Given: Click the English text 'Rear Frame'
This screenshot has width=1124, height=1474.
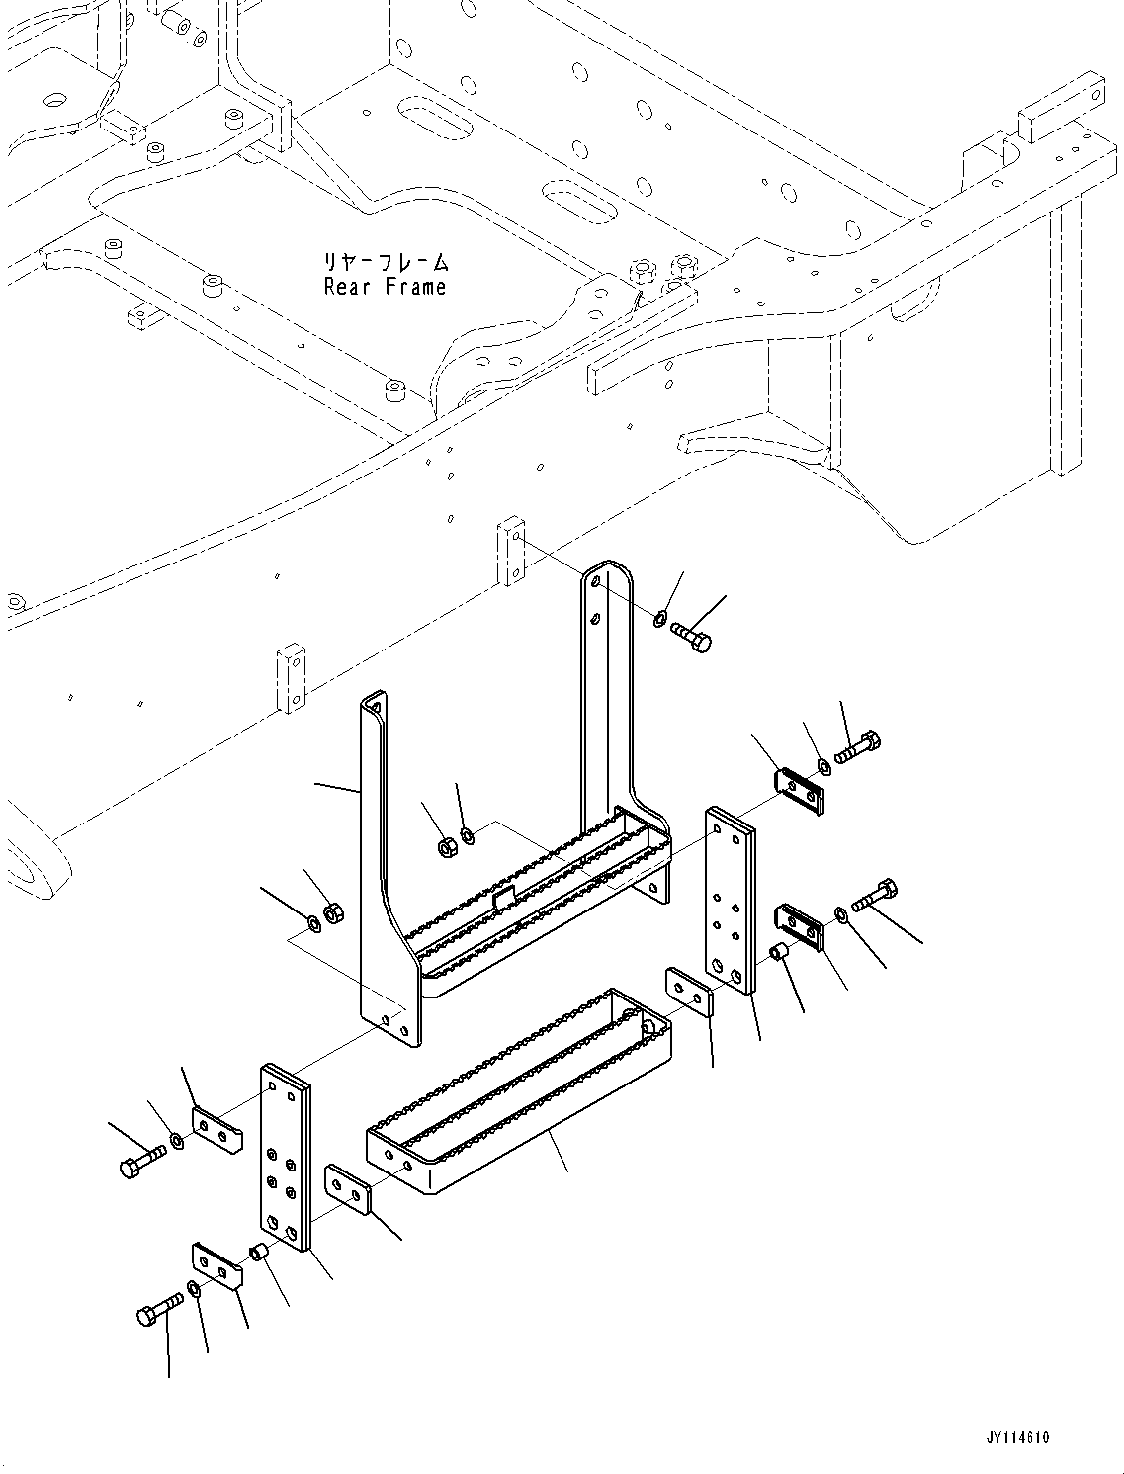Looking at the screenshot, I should pos(385,288).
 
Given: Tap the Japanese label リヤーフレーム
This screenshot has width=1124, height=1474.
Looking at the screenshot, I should pos(385,263).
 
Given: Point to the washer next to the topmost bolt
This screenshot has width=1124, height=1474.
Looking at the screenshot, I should pos(659,619).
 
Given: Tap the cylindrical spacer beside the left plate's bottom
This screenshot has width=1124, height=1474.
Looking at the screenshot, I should pos(260,1254).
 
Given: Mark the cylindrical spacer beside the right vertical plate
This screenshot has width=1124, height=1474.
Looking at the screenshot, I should pos(778,953).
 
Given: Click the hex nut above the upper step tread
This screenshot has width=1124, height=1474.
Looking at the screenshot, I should pos(446,845).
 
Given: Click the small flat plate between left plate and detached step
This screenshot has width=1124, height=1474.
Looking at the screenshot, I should pos(348,1188).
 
